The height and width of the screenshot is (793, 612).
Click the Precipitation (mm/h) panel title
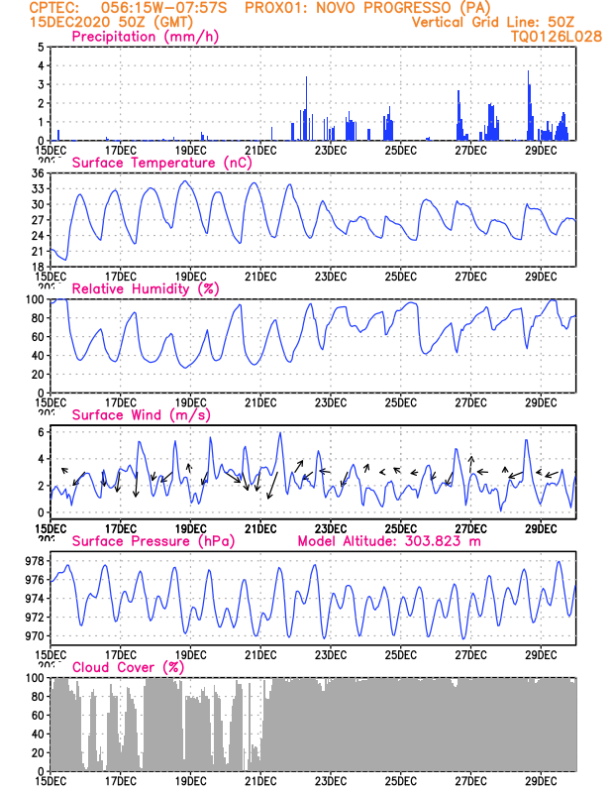click(145, 37)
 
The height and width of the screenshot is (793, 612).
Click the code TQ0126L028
click(556, 37)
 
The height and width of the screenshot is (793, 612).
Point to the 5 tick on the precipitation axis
click(39, 48)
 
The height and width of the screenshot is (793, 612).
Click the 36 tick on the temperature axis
click(36, 173)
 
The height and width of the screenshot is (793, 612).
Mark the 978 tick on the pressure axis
click(33, 561)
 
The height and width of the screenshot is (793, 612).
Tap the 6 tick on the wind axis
click(39, 432)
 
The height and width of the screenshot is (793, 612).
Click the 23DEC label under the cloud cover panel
click(330, 780)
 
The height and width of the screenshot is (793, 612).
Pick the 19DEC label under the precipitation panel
click(190, 150)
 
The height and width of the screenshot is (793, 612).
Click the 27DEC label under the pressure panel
click(470, 654)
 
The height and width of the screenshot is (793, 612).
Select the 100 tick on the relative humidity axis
click(33, 299)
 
